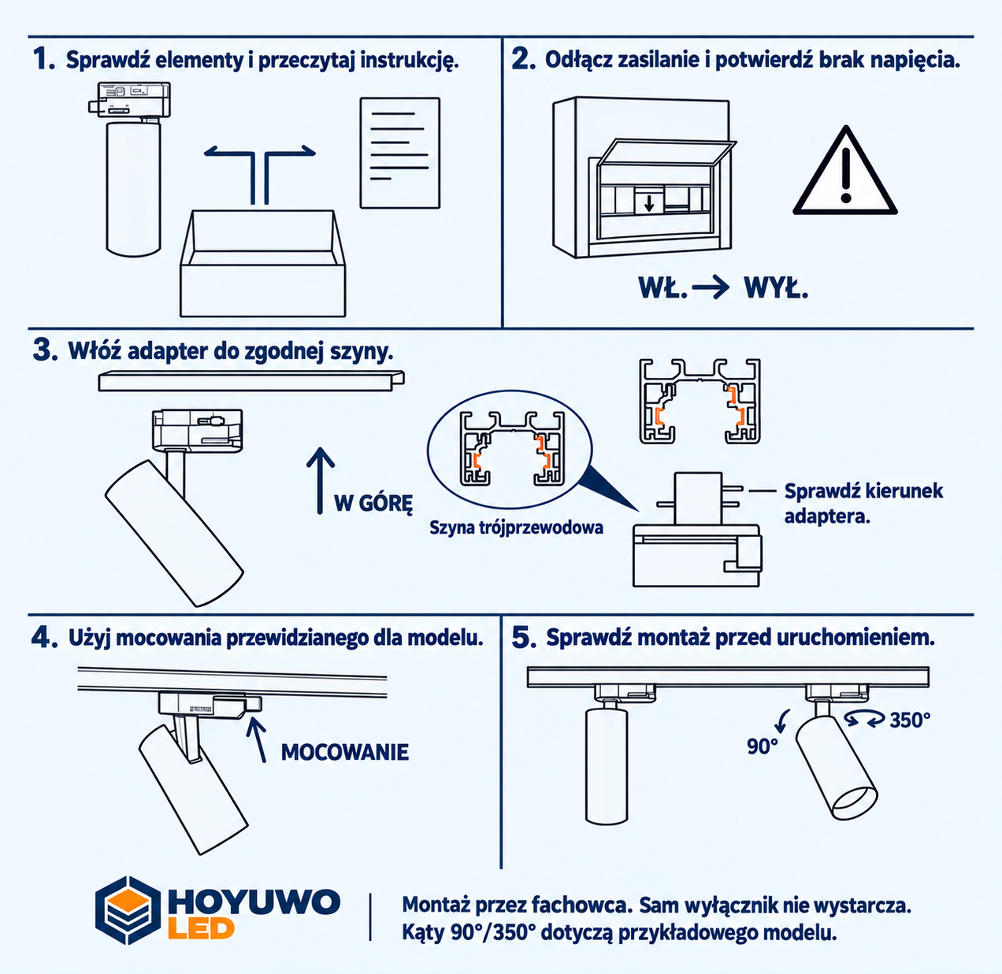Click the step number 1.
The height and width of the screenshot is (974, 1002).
coord(43,59)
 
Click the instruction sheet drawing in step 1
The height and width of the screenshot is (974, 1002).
coord(400,153)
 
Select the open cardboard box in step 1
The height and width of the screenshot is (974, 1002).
coord(262,263)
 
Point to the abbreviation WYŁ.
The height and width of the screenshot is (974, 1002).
coord(776,288)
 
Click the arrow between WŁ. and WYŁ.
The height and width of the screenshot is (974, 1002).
coord(711,287)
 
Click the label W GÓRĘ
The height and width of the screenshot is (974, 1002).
coord(373,504)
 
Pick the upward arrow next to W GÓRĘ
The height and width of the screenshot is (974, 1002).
coord(321,480)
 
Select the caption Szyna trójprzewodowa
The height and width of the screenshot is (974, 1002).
coord(516,528)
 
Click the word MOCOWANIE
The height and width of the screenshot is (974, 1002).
coord(345,752)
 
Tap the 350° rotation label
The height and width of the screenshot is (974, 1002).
coord(911,720)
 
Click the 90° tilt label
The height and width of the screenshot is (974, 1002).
coord(762,746)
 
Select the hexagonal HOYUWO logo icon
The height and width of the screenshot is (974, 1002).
coord(128,910)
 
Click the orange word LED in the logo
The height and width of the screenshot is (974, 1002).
coord(202,929)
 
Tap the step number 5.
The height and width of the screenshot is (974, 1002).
coord(524,639)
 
